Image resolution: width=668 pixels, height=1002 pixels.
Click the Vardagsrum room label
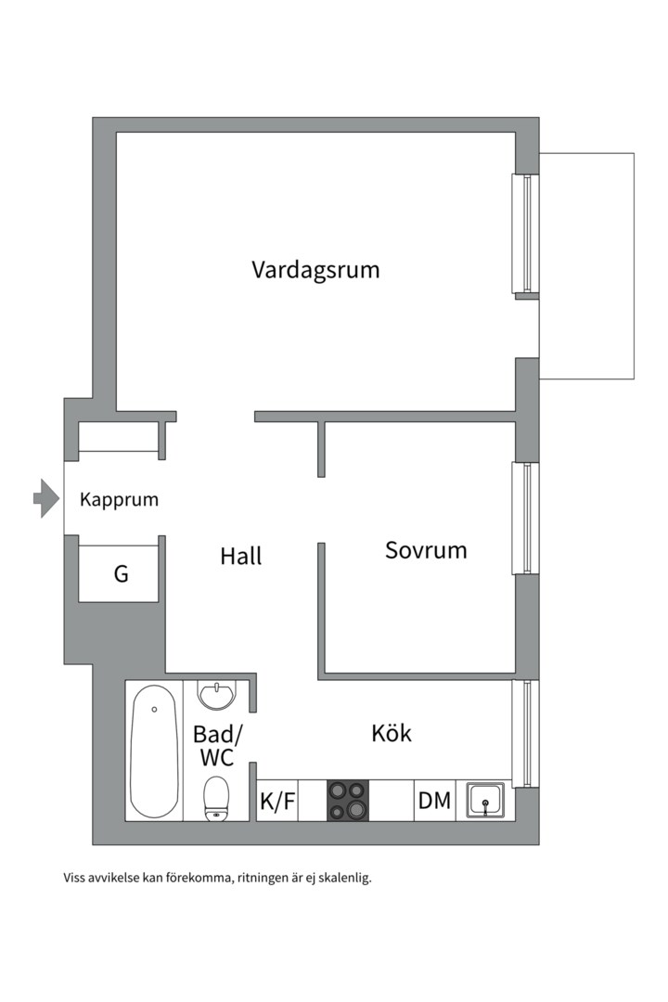point(315,270)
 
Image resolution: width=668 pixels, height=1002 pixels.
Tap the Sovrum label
point(426,550)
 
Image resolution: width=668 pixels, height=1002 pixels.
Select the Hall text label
point(241,556)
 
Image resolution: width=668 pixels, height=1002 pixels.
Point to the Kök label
point(392,733)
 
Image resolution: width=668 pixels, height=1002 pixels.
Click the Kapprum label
point(119,499)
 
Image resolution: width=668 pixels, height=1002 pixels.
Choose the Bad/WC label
point(217,746)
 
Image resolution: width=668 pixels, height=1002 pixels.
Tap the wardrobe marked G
point(121,574)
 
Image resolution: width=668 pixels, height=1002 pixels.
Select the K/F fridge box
point(277,801)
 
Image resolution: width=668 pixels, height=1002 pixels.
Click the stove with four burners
point(347,801)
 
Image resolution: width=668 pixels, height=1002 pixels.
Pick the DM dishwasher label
point(434,801)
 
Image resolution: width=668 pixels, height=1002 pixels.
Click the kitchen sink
point(485,801)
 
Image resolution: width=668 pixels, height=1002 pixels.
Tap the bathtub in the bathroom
point(154,751)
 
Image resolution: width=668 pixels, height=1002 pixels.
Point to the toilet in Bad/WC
point(217,798)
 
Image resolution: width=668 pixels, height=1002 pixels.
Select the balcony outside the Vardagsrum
point(586,265)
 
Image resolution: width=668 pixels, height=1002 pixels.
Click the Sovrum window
point(526,518)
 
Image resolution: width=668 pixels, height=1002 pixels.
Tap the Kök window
point(526,733)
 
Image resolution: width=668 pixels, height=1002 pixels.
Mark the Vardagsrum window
point(526,234)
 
